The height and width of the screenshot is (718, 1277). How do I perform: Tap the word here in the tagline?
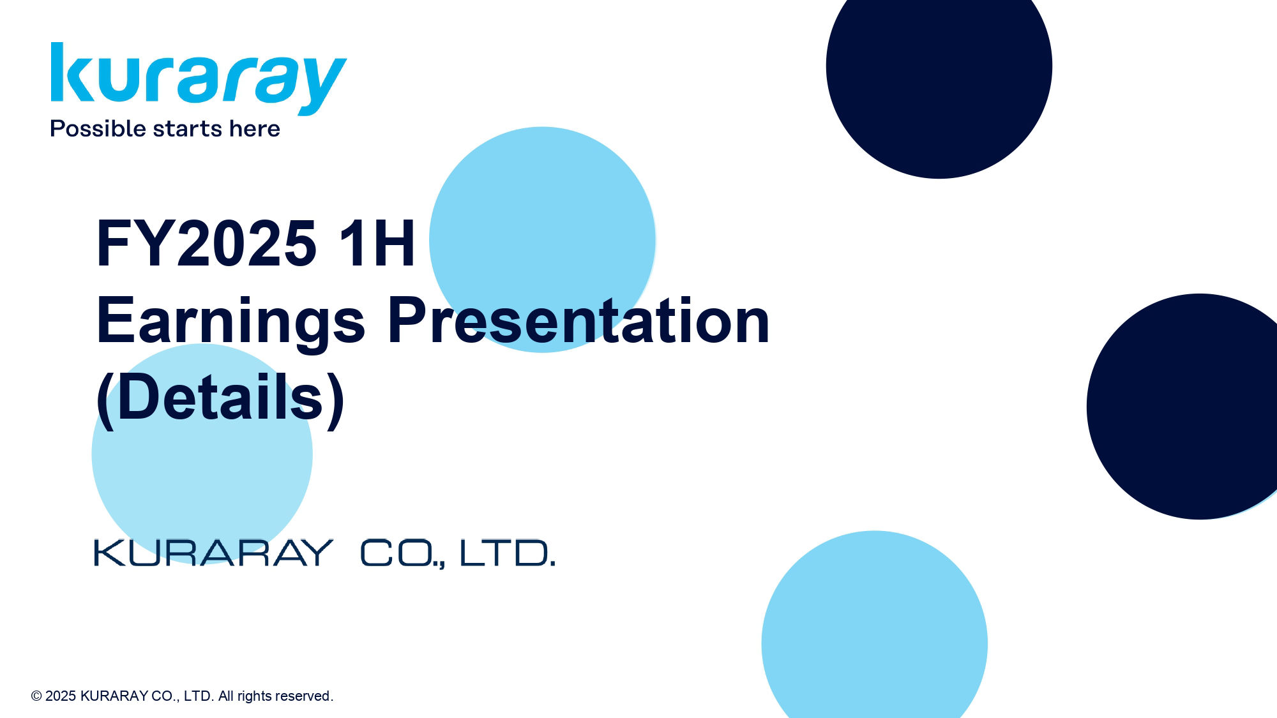tap(254, 129)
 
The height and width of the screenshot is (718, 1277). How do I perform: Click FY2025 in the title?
tap(206, 243)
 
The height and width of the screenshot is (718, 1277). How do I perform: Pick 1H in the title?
tap(377, 243)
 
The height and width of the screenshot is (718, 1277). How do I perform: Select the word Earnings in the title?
tap(230, 321)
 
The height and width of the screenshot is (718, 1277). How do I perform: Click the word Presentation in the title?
tap(578, 321)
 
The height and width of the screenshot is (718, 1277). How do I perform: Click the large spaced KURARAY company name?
tap(213, 553)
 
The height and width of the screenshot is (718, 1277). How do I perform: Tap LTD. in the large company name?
tap(508, 553)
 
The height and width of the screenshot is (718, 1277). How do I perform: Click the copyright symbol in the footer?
tap(36, 696)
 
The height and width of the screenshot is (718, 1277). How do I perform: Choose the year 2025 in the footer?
tap(61, 696)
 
